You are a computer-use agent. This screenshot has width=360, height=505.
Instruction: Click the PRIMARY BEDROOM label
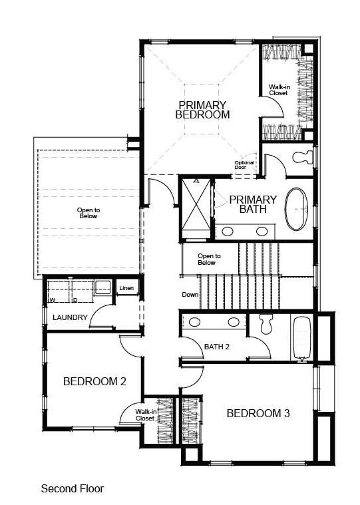[x=202, y=110]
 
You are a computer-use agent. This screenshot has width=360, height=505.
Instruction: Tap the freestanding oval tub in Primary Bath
[x=297, y=208]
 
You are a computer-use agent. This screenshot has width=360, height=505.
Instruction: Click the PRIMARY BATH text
[x=253, y=204]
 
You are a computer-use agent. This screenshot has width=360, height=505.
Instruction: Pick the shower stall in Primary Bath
[x=196, y=208]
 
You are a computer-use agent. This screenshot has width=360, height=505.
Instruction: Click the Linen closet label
[x=126, y=289]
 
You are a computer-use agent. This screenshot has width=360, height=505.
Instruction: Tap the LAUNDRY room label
[x=70, y=317]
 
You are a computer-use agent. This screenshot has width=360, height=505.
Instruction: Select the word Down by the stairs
[x=190, y=295]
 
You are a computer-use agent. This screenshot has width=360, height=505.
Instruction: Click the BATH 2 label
[x=217, y=347]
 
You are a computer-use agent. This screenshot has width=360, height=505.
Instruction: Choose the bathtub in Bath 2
[x=302, y=337]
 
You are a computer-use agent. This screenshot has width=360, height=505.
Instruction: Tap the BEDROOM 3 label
[x=258, y=413]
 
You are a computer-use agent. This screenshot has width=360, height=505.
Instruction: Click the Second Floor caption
[x=73, y=488]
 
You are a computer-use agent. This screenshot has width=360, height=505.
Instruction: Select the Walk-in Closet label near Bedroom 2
[x=145, y=415]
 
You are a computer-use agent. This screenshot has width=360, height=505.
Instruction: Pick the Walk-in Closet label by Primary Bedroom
[x=278, y=90]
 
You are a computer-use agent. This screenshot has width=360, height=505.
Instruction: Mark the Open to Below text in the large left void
[x=88, y=213]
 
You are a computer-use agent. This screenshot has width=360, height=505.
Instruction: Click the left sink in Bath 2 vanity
[x=196, y=322]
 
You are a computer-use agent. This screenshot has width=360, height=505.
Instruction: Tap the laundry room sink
[x=102, y=288]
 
